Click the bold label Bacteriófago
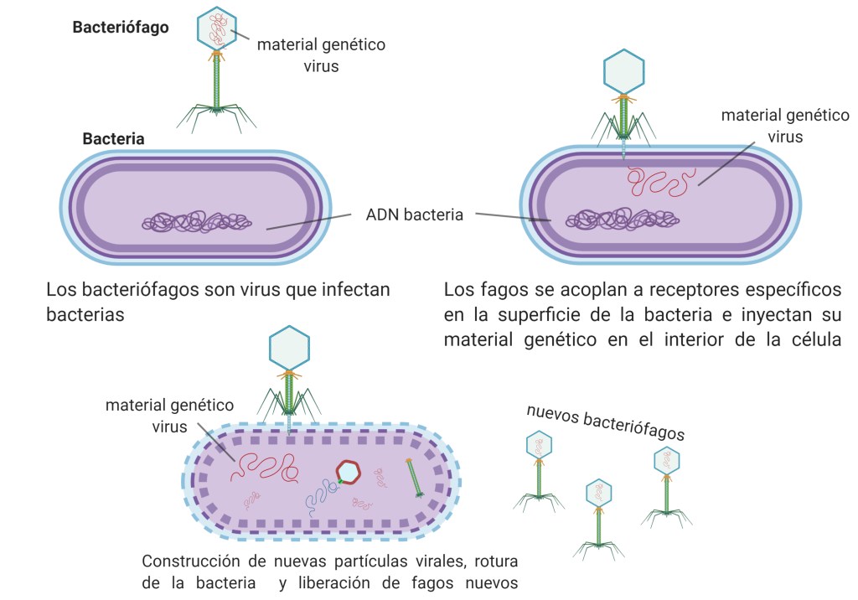[121, 28]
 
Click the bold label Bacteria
[113, 138]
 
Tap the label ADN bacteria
[414, 215]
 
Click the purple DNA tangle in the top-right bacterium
[622, 220]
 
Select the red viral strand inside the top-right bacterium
[662, 181]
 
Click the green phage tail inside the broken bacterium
[414, 478]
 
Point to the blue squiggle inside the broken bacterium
[319, 499]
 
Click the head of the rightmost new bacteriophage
[666, 459]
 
